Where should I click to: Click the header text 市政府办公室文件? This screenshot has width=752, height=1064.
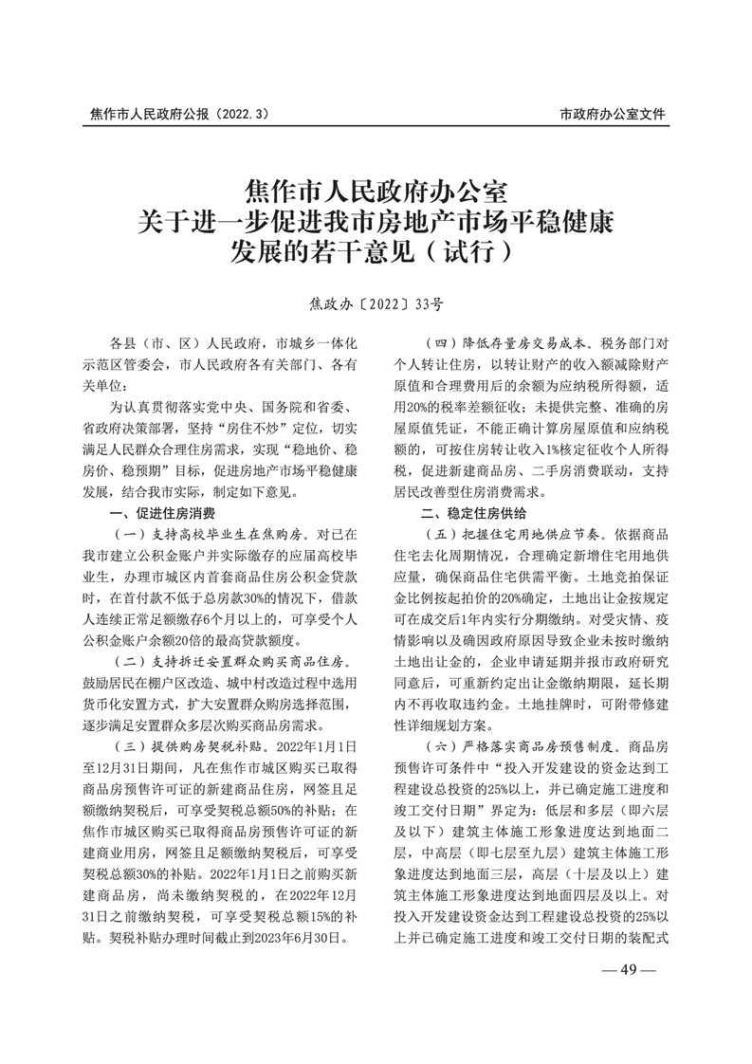click(x=613, y=115)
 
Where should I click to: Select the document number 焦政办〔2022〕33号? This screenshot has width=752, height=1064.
click(x=376, y=304)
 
